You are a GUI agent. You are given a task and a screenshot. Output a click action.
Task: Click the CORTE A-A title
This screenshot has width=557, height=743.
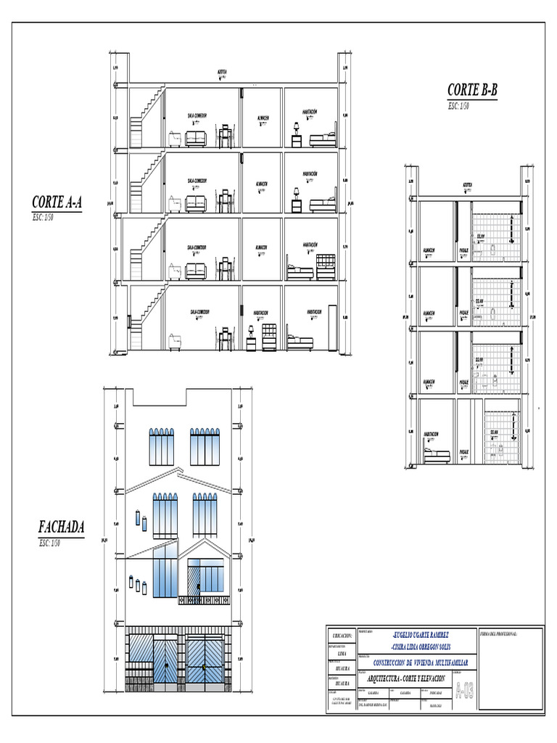(57, 203)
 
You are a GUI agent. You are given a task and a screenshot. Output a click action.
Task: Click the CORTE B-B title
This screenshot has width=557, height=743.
(472, 90)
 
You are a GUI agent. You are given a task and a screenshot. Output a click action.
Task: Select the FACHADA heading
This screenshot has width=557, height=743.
(61, 527)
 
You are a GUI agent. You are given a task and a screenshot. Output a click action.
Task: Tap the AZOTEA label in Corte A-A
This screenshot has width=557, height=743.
(222, 72)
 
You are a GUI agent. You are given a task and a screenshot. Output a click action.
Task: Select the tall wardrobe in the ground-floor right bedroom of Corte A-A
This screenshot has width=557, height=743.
(333, 326)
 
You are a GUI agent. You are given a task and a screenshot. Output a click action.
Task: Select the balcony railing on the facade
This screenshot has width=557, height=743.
(206, 599)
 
